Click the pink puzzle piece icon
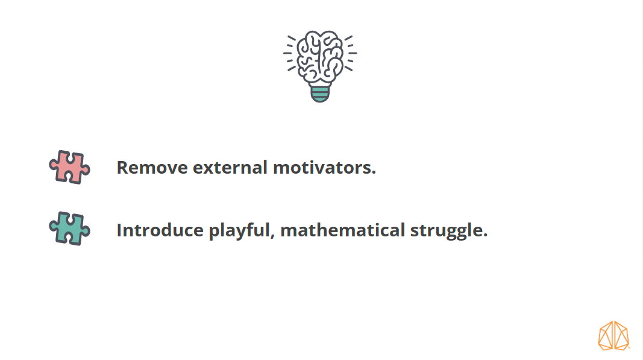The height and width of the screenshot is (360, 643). coord(70,167)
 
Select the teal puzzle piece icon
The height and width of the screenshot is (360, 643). coord(70,229)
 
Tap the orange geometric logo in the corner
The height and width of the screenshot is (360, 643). coord(613,336)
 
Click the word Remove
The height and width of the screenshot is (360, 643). coord(152,168)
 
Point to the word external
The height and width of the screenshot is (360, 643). coord(230,168)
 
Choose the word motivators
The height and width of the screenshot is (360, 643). coord(322,168)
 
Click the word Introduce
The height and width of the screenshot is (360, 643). coord(160,230)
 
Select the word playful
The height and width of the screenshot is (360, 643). coord(239,231)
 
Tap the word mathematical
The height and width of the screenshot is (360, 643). coord(342,230)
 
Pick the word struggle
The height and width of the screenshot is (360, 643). coord(446,231)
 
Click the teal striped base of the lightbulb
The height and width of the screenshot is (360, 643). coord(320,93)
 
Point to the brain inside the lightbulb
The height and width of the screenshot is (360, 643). coord(320,57)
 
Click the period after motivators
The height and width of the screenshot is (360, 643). coord(374,173)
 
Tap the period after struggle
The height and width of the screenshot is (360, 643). coord(485,235)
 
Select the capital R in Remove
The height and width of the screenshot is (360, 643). coord(123,168)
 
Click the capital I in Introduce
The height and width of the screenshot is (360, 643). coord(119,230)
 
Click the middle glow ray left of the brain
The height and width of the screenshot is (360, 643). coord(287,53)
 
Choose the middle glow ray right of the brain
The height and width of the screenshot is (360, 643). coord(353,53)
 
